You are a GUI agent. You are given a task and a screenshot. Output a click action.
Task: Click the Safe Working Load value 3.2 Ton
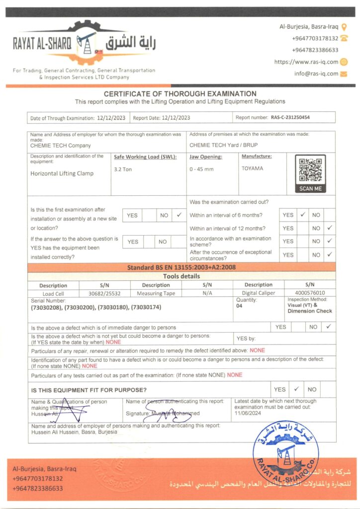[123, 169]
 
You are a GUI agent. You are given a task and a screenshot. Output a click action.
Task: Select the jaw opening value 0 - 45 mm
[201, 169]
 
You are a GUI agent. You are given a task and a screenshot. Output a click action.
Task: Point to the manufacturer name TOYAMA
[253, 169]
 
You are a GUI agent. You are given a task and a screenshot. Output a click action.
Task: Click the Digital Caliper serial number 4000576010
[309, 293]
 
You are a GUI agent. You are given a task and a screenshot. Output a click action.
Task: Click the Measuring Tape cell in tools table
[156, 293]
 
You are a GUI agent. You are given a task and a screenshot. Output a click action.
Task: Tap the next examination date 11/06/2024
[249, 413]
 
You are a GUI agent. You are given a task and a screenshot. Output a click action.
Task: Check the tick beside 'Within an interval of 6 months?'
[302, 215]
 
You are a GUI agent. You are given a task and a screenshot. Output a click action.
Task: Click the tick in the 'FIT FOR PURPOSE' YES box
[296, 389]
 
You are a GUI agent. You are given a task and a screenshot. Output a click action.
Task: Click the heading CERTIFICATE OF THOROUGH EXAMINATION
[180, 93]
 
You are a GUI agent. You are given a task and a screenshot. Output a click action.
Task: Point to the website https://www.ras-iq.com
[306, 62]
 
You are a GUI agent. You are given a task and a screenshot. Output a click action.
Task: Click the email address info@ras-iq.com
[316, 74]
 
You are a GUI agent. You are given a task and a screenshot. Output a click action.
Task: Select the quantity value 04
[239, 306]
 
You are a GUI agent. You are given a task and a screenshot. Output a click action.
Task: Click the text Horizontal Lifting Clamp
[62, 173]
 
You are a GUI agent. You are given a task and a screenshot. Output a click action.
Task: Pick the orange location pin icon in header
[344, 27]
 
